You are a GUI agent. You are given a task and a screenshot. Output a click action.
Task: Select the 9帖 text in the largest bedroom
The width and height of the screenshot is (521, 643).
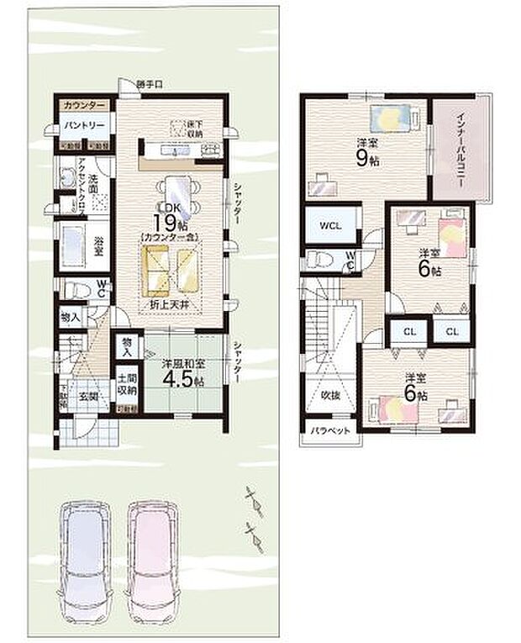pyautogui.click(x=363, y=157)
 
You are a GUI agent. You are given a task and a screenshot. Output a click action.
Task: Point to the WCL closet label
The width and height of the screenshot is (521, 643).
pyautogui.click(x=329, y=225)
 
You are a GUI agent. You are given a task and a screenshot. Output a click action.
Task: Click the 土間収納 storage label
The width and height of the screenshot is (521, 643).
pyautogui.click(x=127, y=386)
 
